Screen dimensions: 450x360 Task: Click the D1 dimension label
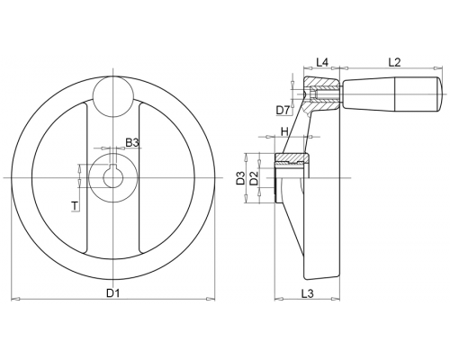pos(113,293)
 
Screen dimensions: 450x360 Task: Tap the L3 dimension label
pos(307,293)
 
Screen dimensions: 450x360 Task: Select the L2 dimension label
pos(394,62)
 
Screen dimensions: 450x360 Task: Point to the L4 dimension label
pos(322,62)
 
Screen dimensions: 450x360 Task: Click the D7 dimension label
pos(283,111)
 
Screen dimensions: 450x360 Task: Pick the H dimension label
pos(284,131)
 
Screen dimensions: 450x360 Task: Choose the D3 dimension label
pos(240,177)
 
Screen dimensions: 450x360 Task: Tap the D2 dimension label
pos(254,177)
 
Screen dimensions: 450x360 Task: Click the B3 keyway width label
pos(132,143)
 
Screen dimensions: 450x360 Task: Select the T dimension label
pos(75,206)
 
